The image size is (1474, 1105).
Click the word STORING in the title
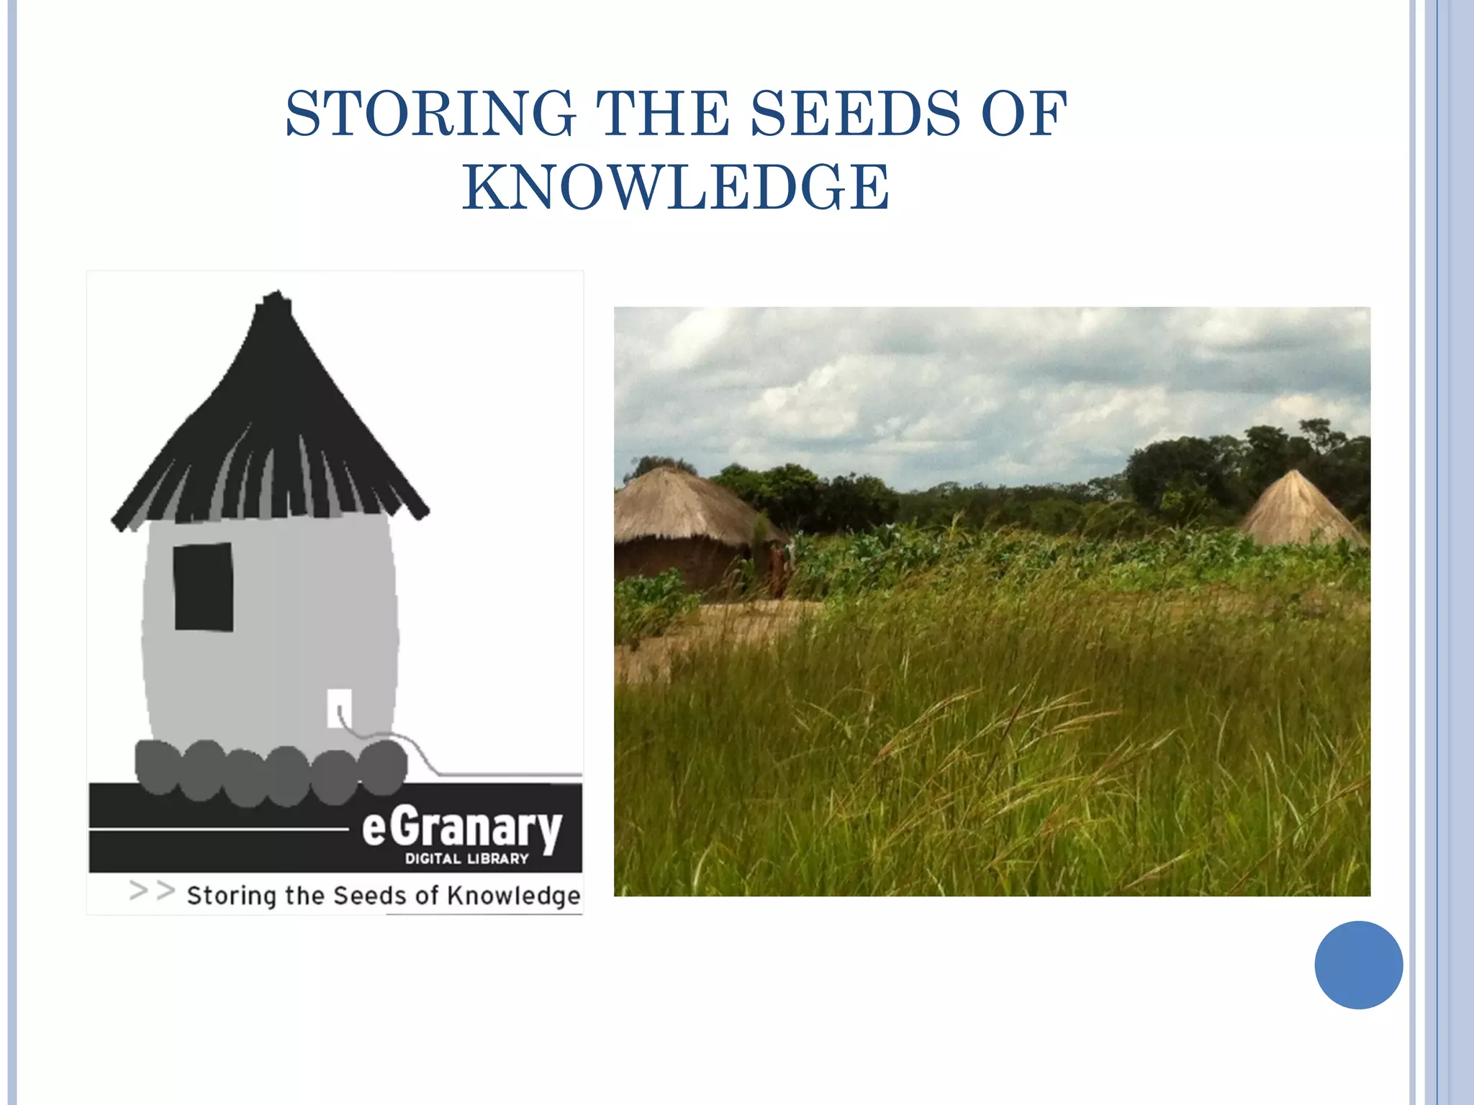pyautogui.click(x=430, y=114)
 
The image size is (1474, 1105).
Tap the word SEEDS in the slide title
pyautogui.click(x=855, y=114)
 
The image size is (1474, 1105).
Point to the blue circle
pyautogui.click(x=1358, y=965)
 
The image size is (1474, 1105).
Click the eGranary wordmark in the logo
pyautogui.click(x=461, y=828)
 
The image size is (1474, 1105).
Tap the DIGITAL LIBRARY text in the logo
pyautogui.click(x=466, y=859)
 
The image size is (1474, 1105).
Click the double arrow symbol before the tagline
pyautogui.click(x=152, y=891)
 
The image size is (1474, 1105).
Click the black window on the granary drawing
pyautogui.click(x=204, y=587)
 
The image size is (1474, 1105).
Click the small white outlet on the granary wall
pyautogui.click(x=339, y=708)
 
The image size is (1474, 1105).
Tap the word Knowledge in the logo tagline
pyautogui.click(x=513, y=896)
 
